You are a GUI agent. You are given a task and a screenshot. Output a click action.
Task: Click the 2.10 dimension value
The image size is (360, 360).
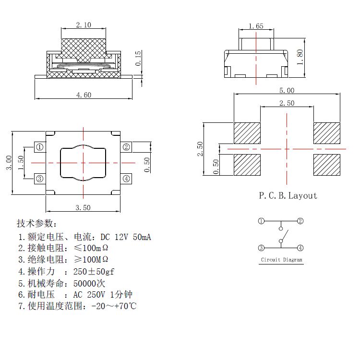[x=84, y=25]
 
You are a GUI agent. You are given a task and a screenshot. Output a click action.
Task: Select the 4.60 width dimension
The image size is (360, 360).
[x=84, y=95]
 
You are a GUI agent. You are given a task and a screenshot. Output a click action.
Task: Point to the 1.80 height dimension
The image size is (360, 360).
[x=300, y=58]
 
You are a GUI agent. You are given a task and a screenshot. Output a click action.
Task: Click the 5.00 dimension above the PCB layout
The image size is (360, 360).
[x=287, y=90]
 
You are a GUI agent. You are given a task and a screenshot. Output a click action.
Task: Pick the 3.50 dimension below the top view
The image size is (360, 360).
[x=83, y=207]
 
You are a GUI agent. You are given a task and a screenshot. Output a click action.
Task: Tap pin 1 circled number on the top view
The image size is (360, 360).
[x=40, y=147]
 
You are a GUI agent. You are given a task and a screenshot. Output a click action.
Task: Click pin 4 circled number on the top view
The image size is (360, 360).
[x=126, y=179]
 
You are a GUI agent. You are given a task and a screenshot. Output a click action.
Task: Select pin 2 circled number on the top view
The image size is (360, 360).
[x=126, y=147]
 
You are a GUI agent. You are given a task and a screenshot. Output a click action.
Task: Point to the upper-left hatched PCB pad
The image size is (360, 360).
[x=247, y=133]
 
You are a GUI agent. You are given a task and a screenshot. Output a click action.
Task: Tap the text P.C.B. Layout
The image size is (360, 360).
[x=288, y=195]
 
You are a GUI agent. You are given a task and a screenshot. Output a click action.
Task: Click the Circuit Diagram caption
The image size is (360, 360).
[x=282, y=260]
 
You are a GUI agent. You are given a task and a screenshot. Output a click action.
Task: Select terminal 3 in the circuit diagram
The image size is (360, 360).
[x=261, y=248]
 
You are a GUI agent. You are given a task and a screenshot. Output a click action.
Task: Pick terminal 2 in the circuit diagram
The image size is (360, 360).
[x=300, y=221]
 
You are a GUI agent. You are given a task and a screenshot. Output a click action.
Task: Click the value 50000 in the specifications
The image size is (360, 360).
[x=84, y=283]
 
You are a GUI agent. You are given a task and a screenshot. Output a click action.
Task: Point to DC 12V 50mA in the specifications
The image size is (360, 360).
[x=125, y=237]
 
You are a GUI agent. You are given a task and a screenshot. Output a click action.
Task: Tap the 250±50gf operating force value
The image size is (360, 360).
[x=94, y=272]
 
